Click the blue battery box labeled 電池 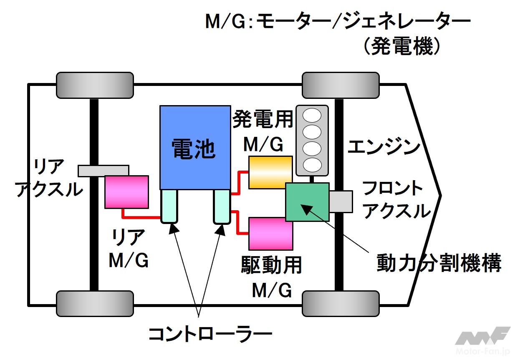tap(195, 147)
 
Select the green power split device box tap(307, 202)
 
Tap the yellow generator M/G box tap(270, 172)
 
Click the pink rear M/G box tap(126, 192)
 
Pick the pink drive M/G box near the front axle tap(270, 234)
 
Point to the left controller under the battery tap(169, 206)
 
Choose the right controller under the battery tap(221, 206)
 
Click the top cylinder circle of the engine tap(312, 115)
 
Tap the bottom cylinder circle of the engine tap(312, 164)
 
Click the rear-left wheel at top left tap(95, 85)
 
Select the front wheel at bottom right tap(341, 304)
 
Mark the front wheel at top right tap(341, 85)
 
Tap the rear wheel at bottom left tap(95, 304)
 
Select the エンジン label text tap(384, 147)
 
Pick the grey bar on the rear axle tap(103, 170)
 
